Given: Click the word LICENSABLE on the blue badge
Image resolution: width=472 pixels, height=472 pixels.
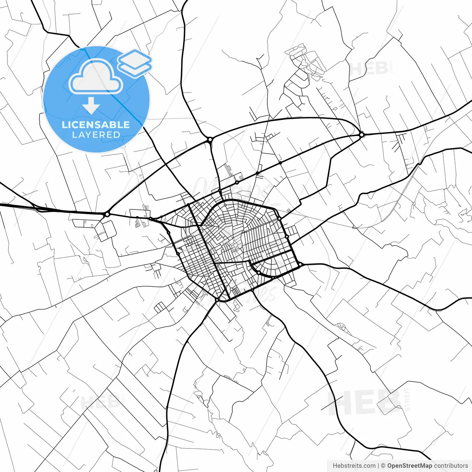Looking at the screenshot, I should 96,125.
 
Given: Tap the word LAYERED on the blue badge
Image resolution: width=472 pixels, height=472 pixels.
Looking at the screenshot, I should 96,135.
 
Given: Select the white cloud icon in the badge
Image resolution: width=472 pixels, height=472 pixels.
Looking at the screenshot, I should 96,77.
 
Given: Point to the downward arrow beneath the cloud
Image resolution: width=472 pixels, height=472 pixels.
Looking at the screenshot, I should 91,106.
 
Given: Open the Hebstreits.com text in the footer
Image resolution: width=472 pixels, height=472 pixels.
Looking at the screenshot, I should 354,466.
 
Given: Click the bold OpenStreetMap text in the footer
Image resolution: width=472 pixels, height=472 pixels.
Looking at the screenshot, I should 409,466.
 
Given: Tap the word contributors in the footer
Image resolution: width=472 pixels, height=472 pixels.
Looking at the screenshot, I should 451,466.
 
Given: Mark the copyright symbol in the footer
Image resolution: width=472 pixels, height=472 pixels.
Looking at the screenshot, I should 383,466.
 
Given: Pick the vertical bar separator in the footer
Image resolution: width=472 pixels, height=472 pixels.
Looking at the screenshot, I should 379,466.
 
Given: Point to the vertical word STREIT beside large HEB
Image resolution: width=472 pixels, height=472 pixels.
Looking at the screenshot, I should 407,399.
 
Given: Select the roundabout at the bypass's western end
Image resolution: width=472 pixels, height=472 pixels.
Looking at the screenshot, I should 107,214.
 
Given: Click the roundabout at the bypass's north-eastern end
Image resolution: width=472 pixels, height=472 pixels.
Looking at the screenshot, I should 362,135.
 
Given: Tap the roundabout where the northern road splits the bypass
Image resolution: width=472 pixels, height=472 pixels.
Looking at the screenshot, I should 210,140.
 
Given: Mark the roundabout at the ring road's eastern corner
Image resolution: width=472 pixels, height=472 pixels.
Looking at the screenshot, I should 301,264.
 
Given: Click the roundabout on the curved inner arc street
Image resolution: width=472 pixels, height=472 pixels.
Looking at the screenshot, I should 259,273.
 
